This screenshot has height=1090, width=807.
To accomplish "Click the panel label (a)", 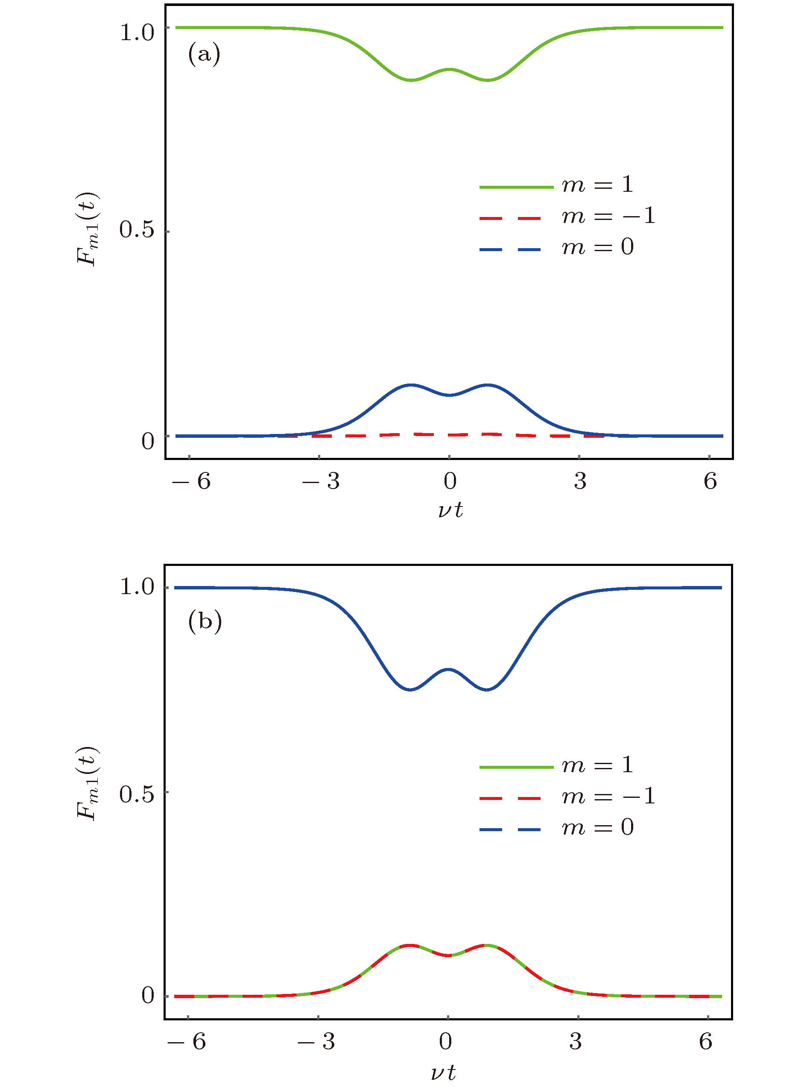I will tap(204, 54).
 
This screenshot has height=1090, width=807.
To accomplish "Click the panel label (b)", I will tap(205, 621).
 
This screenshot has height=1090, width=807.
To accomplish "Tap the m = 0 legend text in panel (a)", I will tap(597, 247).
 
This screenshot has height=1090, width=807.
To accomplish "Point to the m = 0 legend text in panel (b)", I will tap(597, 828).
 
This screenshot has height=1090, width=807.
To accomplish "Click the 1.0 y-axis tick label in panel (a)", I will tap(137, 33).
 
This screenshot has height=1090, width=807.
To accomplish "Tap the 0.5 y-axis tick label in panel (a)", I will tap(137, 230).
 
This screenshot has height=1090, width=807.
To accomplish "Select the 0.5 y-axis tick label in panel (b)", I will tap(137, 794).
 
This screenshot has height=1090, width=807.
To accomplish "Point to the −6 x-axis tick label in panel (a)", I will tap(191, 482).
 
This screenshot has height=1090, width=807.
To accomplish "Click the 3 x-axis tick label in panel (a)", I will tap(580, 482).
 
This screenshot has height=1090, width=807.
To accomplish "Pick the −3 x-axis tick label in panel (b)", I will tap(316, 1042).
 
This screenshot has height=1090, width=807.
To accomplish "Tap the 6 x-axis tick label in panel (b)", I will tap(705, 1042).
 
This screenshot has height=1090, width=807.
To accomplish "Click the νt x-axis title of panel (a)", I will tap(450, 510).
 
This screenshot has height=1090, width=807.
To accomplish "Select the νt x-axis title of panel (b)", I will tap(444, 1073).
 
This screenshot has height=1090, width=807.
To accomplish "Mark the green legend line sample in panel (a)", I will tap(516, 187).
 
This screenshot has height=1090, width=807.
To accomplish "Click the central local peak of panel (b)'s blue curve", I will tap(449, 669).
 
